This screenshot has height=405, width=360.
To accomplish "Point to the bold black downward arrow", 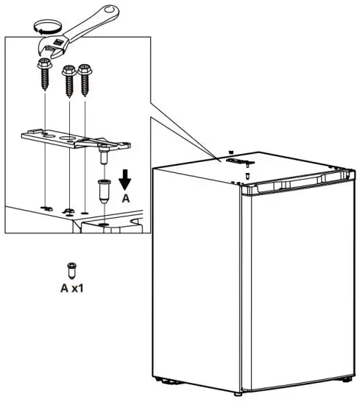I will pos(126,180).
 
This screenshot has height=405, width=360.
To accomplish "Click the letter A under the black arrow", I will pos(126,199).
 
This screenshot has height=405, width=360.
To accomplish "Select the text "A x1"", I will pos(71,288).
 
